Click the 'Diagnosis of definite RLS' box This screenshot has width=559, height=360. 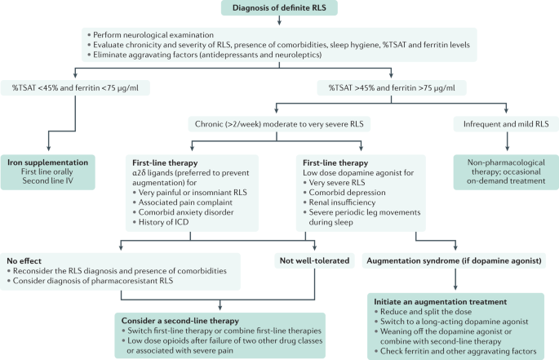(x=279, y=8)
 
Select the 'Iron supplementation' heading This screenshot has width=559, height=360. (x=48, y=162)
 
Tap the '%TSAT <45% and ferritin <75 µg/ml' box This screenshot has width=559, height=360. (x=75, y=88)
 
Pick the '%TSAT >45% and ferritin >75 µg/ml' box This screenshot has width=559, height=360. (x=392, y=88)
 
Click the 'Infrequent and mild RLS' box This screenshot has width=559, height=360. (x=506, y=124)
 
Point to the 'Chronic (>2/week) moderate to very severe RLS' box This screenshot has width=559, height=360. (x=279, y=124)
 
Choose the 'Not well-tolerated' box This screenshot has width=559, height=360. (x=314, y=260)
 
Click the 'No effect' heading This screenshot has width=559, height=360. (x=24, y=260)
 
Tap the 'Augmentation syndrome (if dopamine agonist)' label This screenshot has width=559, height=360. (x=454, y=260)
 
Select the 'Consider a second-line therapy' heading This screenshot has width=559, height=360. (x=180, y=320)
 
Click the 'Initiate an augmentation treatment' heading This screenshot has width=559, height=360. (x=441, y=301)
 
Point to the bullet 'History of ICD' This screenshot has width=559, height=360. (x=161, y=222)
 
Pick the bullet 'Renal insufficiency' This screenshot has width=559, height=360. (x=339, y=202)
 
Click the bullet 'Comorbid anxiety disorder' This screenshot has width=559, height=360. (x=183, y=212)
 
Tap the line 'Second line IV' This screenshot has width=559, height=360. (x=48, y=180)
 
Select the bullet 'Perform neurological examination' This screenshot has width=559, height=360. (x=150, y=34)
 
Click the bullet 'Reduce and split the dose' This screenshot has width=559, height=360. (x=423, y=312)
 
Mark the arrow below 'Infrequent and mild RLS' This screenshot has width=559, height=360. (x=507, y=141)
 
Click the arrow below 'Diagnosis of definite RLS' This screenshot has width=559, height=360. (x=279, y=20)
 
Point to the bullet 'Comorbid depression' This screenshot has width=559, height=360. (x=344, y=193)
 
